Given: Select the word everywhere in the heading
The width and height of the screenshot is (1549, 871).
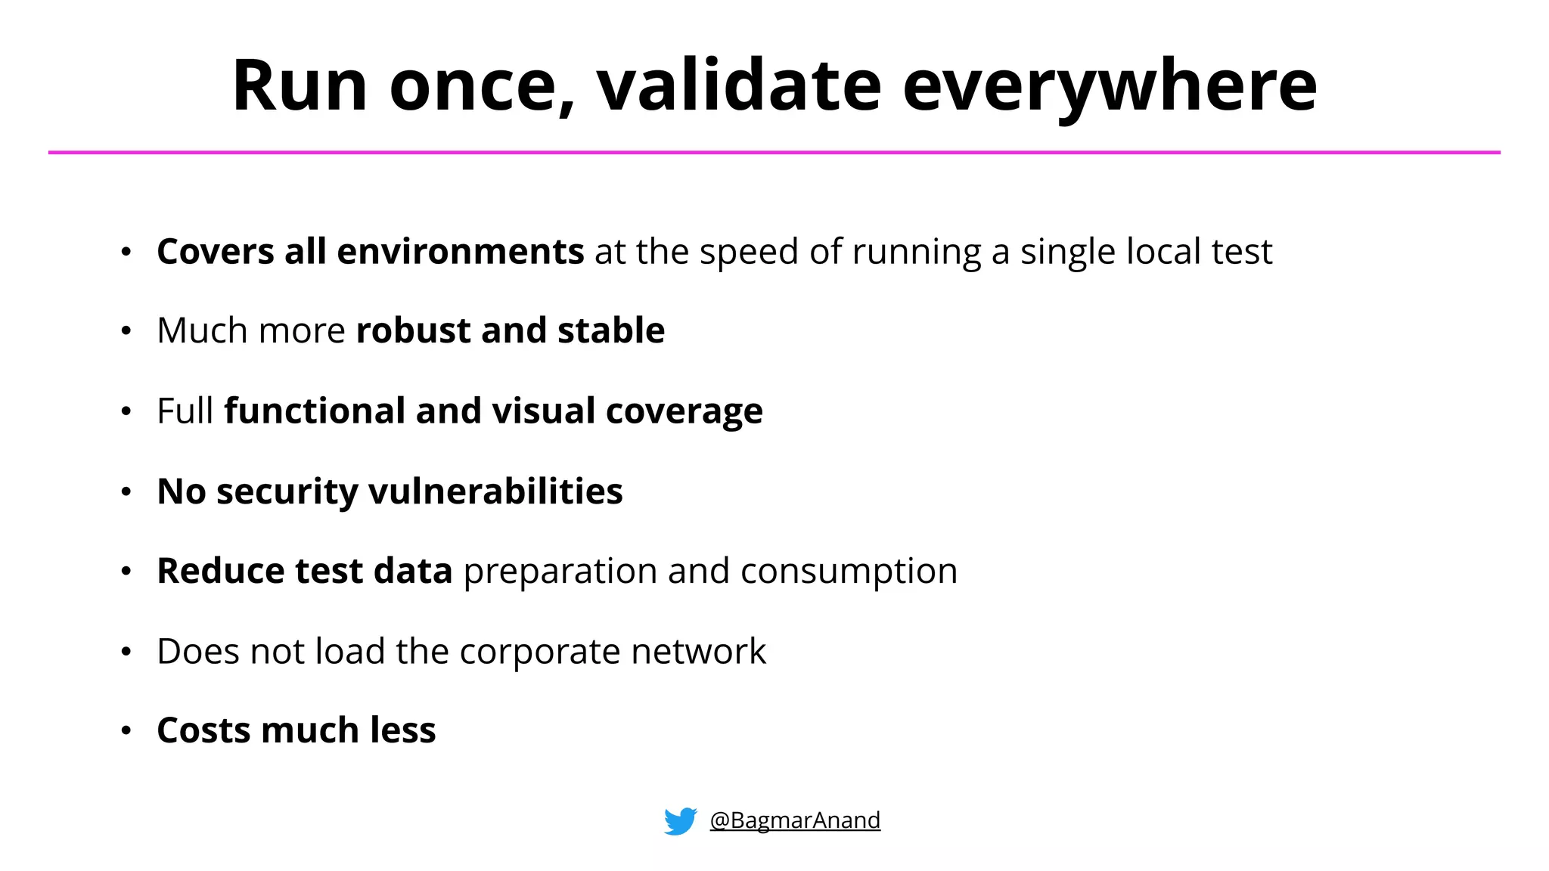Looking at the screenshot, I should pos(1110,88).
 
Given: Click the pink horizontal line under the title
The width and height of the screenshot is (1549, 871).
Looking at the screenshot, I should pos(774,153).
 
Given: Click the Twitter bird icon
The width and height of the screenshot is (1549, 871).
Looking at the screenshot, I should pos(680,821).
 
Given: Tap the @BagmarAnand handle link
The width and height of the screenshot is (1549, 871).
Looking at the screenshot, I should pos(795,820).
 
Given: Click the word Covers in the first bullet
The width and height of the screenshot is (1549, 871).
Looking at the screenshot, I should pos(215,252).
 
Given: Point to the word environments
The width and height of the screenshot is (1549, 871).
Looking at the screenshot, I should pos(460,252).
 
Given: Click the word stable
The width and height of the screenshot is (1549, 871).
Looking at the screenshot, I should pos(611,331).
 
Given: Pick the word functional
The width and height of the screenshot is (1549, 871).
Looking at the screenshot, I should pos(314,412).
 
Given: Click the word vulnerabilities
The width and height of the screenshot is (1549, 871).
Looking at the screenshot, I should pos(495,491).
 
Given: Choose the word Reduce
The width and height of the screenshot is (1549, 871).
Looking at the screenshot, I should pos(221,571).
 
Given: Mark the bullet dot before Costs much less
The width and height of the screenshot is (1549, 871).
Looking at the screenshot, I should pos(126,731).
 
